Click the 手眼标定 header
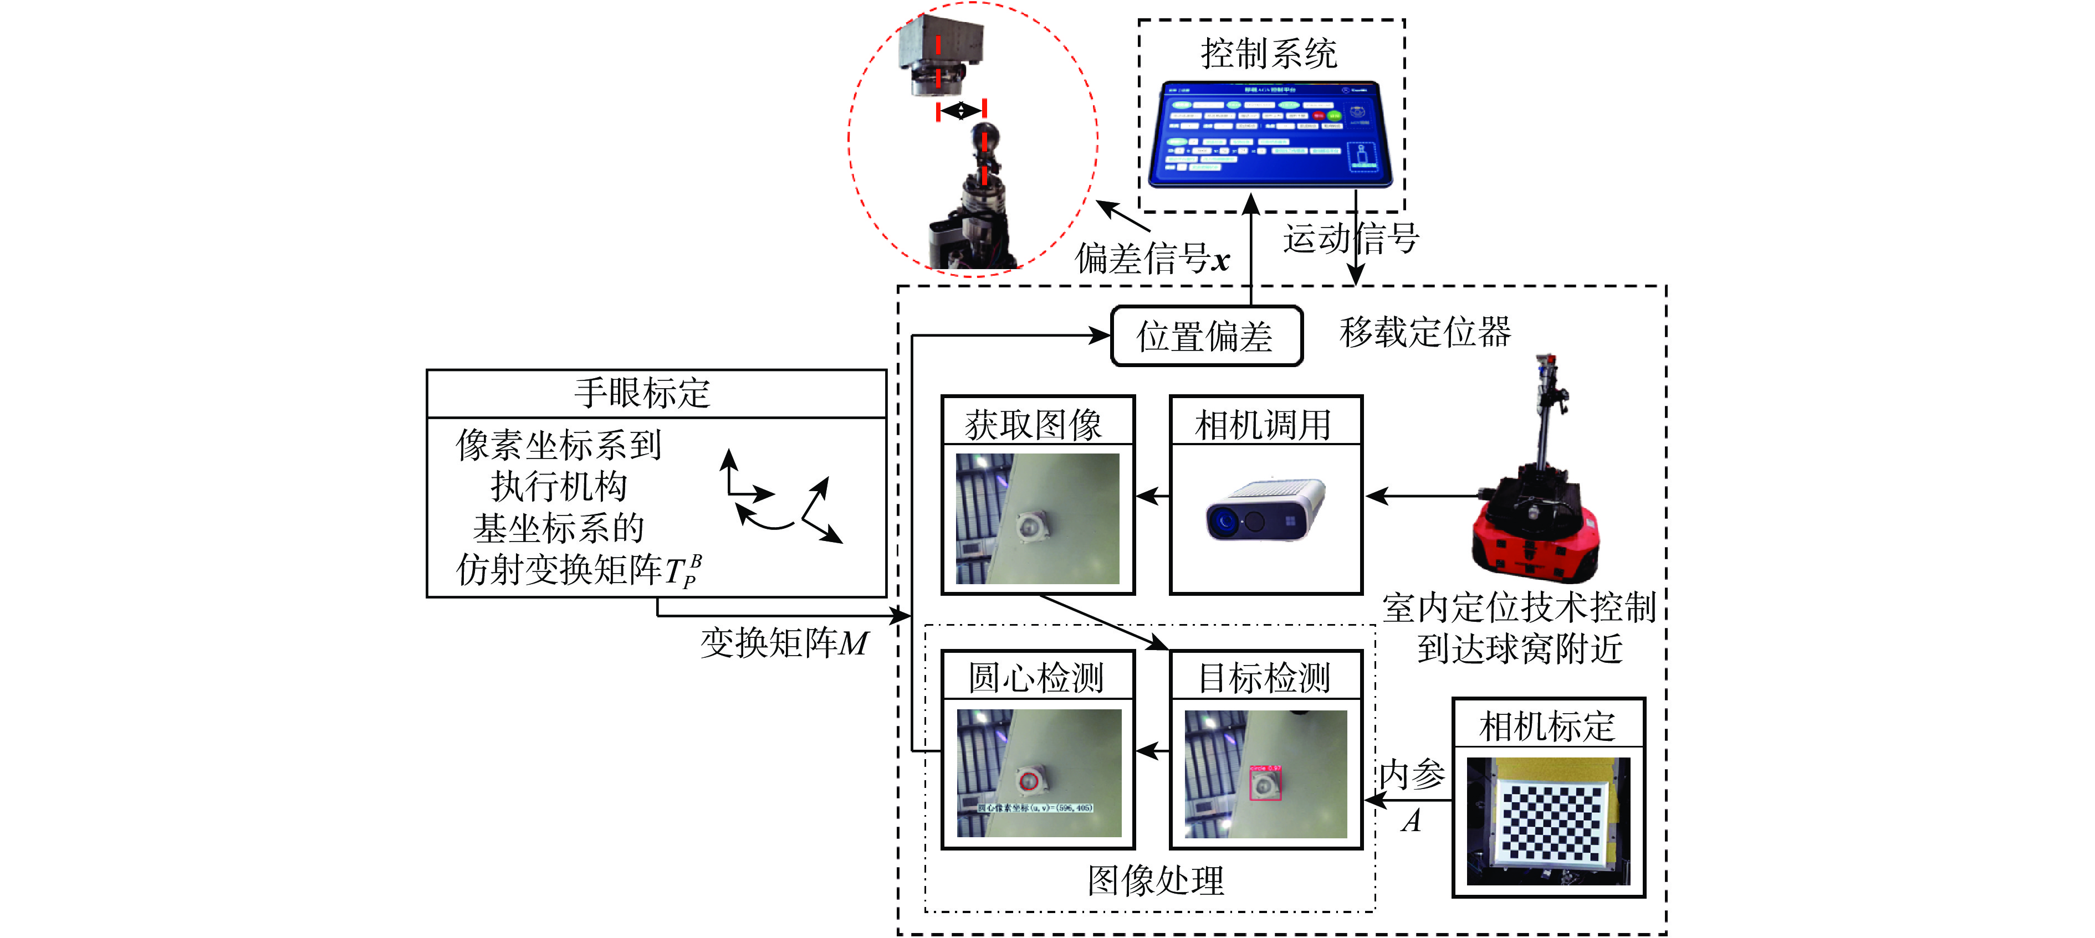pyautogui.click(x=642, y=393)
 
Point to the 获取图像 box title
pyautogui.click(x=1035, y=424)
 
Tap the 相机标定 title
pyautogui.click(x=1547, y=725)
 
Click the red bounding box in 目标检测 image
pyautogui.click(x=1265, y=782)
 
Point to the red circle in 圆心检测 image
pyautogui.click(x=1029, y=781)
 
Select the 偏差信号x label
pyautogui.click(x=1152, y=259)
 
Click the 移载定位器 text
pyautogui.click(x=1425, y=332)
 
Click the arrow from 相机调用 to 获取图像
pyautogui.click(x=1152, y=495)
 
